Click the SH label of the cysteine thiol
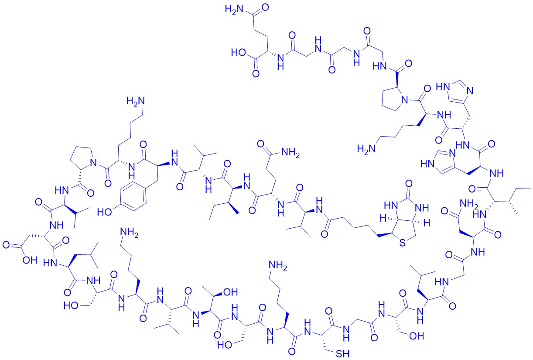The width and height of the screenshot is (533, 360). pos(343,354)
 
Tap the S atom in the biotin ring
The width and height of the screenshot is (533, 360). pos(403,243)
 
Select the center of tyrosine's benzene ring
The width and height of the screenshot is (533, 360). pos(133,196)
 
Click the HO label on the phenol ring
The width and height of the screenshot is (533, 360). pos(104,212)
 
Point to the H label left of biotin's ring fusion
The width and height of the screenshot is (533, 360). pos(383,218)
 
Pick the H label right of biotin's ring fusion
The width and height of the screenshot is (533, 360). pos(427,223)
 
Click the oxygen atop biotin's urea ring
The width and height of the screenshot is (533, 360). pos(409,184)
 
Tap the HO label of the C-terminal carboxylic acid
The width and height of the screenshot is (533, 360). pos(239,52)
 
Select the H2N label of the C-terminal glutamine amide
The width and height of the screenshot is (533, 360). pos(234,9)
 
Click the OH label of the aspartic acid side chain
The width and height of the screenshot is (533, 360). pos(30,260)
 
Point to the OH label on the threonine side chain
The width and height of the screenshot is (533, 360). pos(230,292)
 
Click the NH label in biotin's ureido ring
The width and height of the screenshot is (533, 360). pos(422,207)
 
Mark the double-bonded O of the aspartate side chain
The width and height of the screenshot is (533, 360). pos(6,245)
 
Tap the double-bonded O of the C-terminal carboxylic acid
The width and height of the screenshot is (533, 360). pos(256,73)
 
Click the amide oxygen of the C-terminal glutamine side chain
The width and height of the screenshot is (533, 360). pos(265,7)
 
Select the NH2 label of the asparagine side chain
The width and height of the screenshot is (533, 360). pos(469,204)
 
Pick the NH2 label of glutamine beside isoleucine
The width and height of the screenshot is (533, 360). pos(290,153)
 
